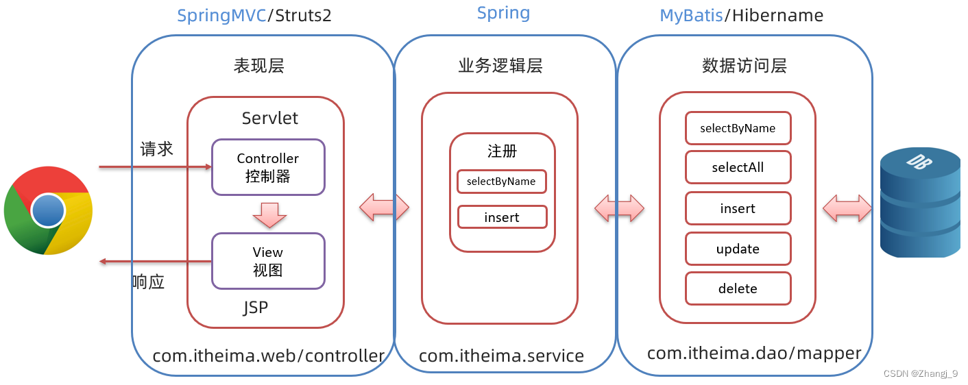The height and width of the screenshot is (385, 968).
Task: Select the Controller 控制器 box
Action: [268, 166]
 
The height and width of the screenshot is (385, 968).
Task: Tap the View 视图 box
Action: [268, 261]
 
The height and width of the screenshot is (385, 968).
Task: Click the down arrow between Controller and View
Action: [269, 214]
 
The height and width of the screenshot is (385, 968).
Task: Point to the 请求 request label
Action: [156, 149]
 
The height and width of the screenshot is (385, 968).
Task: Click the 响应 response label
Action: [148, 282]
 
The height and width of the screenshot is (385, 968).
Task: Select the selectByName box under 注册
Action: [502, 182]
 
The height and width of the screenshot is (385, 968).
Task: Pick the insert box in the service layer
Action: [502, 217]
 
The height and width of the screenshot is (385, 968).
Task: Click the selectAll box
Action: [738, 168]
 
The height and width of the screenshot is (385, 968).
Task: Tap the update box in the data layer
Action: [738, 249]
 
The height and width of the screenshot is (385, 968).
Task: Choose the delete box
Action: [738, 288]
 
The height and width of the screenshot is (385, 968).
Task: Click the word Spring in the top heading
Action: [503, 13]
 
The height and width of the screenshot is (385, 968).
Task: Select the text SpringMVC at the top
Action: [221, 16]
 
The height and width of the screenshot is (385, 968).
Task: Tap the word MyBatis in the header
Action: [691, 16]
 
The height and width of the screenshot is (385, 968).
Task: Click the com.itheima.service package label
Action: [501, 356]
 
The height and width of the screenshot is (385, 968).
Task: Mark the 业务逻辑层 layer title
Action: [500, 66]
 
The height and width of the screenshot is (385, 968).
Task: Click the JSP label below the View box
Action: [256, 308]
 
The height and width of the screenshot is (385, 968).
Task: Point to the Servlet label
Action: [270, 118]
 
